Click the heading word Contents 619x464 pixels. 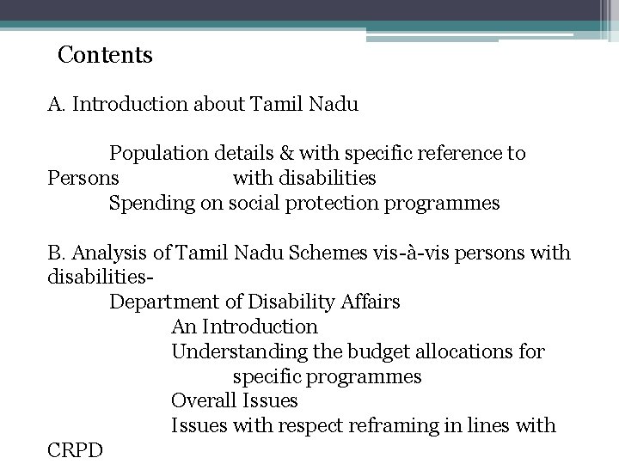[x=105, y=56]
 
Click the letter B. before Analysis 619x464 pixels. [x=57, y=253]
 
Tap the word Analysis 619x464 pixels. [x=107, y=253]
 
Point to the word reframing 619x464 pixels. [x=404, y=426]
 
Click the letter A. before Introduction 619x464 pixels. [x=57, y=105]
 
